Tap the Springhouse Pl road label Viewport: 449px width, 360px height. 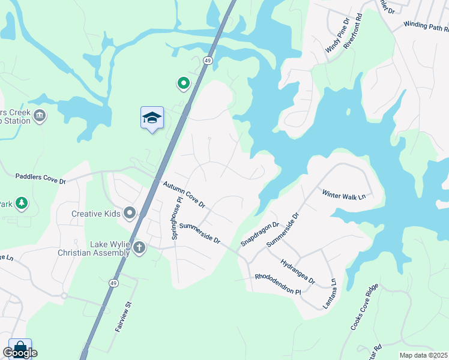click(176, 218)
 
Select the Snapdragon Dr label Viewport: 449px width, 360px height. click(261, 233)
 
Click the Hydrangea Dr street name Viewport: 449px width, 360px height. click(297, 271)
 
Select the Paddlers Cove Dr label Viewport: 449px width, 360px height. click(40, 179)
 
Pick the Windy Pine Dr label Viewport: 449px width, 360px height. click(336, 37)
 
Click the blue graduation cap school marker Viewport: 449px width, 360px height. click(152, 118)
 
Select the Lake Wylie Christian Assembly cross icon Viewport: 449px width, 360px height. click(139, 247)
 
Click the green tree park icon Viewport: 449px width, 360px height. click(22, 203)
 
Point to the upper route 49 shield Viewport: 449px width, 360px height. click(208, 61)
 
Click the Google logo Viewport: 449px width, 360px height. click(20, 353)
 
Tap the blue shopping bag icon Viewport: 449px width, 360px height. click(20, 347)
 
